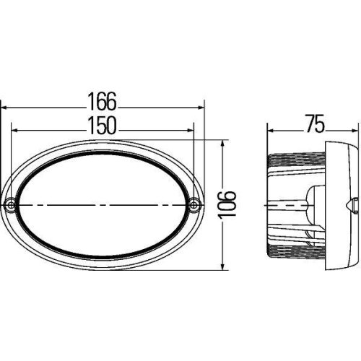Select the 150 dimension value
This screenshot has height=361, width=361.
pyautogui.click(x=103, y=125)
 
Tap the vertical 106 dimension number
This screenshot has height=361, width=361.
pyautogui.click(x=230, y=205)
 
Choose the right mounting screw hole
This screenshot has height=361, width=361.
pyautogui.click(x=194, y=205)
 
